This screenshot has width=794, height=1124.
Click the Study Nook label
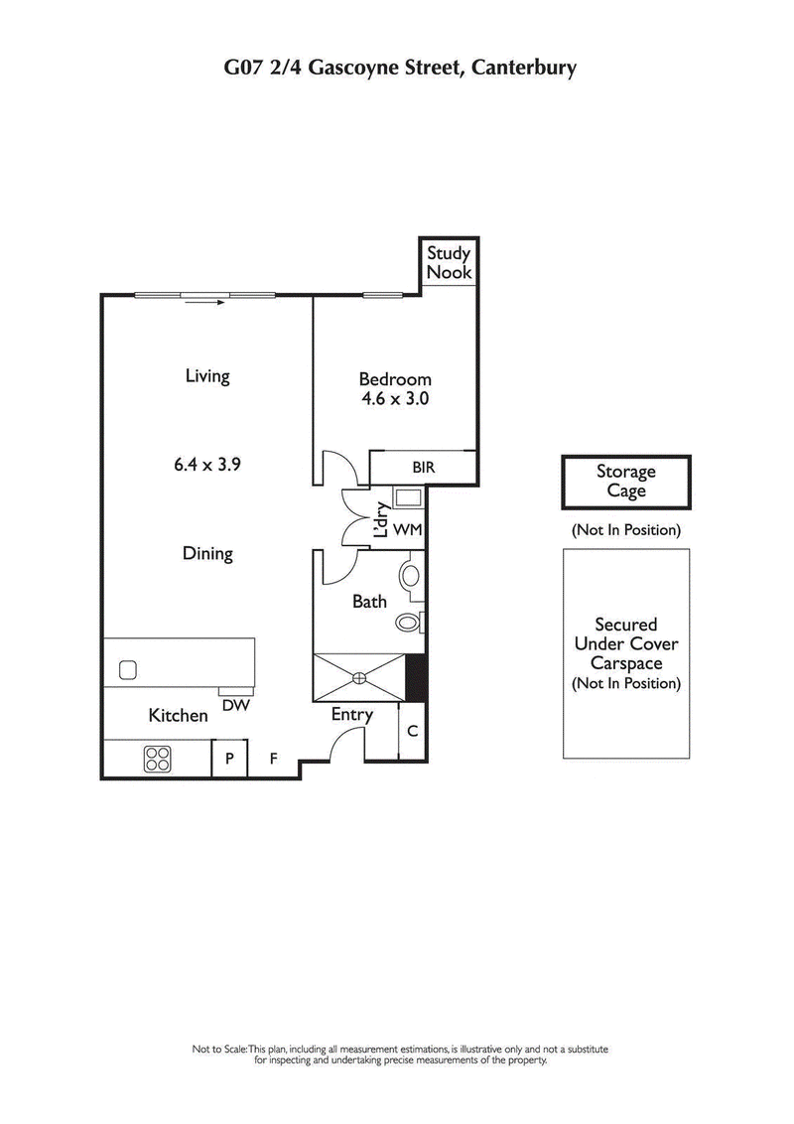pyautogui.click(x=449, y=262)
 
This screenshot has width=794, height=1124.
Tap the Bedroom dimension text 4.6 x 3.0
pyautogui.click(x=395, y=400)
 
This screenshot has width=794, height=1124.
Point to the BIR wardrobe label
pyautogui.click(x=424, y=467)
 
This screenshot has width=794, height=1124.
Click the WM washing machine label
pyautogui.click(x=407, y=530)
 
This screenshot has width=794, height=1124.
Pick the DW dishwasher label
pyautogui.click(x=235, y=704)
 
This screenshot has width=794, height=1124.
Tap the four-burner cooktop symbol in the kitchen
pyautogui.click(x=157, y=759)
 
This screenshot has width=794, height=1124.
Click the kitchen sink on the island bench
pyautogui.click(x=128, y=670)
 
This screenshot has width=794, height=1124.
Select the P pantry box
pyautogui.click(x=229, y=760)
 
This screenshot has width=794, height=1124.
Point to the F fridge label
pyautogui.click(x=274, y=760)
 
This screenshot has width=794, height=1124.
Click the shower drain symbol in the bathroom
pyautogui.click(x=359, y=678)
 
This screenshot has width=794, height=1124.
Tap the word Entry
pyautogui.click(x=351, y=715)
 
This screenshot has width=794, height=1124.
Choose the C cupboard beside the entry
pyautogui.click(x=412, y=732)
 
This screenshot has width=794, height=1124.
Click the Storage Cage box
pyautogui.click(x=625, y=482)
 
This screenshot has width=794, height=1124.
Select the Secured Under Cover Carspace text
pyautogui.click(x=625, y=653)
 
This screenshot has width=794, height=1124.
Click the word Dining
pyautogui.click(x=207, y=553)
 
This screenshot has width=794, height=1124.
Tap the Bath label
pyautogui.click(x=369, y=602)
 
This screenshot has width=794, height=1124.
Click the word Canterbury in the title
pyautogui.click(x=523, y=69)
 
